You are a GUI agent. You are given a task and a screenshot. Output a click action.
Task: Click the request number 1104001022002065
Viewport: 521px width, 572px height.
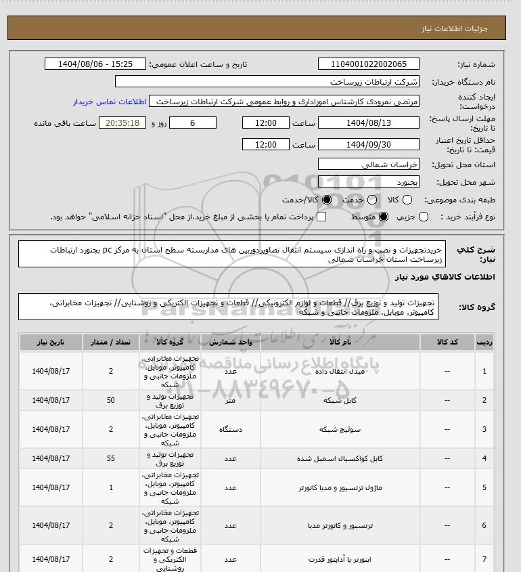369,64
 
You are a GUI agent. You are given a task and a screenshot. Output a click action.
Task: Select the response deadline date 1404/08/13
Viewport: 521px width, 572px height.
369,123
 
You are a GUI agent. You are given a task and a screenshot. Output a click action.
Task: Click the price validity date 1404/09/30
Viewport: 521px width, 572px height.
369,144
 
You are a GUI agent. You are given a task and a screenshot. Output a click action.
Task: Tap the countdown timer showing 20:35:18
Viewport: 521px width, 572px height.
122,123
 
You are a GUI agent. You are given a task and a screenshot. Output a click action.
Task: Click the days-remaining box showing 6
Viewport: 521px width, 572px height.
193,123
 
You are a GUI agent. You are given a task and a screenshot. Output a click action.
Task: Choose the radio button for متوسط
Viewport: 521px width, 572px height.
383,217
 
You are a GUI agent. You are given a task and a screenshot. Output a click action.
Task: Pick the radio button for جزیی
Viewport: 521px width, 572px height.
424,217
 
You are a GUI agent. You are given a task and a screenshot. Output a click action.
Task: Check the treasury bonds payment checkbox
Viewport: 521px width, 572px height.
321,217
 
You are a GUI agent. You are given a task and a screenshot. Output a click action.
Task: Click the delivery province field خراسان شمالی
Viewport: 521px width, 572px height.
369,164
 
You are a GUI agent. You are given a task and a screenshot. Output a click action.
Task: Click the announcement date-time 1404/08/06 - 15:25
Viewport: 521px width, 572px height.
95,64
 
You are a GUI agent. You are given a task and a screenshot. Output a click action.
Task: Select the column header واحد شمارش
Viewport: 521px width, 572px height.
229,343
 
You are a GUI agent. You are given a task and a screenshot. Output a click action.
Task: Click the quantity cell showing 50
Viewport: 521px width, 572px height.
111,400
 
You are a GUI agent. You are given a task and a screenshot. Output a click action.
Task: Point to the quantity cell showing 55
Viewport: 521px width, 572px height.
111,458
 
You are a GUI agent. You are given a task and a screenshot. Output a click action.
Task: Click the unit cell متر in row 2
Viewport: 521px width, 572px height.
229,400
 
